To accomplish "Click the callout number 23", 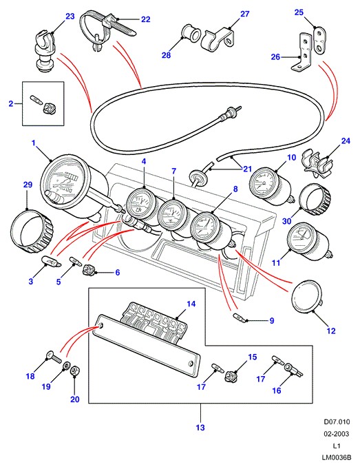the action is (x=70, y=16).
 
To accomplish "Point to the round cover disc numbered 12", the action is (x=307, y=297).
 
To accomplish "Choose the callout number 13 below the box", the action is (x=200, y=428).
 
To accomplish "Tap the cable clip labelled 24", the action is (x=317, y=162).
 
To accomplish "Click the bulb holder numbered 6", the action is (x=89, y=269).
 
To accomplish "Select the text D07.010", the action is (x=337, y=422).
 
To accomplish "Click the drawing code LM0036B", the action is (x=337, y=458).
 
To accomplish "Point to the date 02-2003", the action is (x=337, y=434).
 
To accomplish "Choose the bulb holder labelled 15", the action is (x=231, y=375).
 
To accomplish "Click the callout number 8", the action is (x=235, y=189).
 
